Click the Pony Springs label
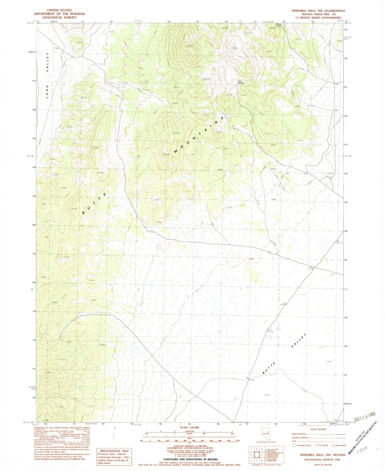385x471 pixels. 241,82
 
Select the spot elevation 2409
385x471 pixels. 248,33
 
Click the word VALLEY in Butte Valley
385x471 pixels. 298,340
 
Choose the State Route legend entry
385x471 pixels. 339,445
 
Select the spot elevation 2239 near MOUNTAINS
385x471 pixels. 218,132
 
